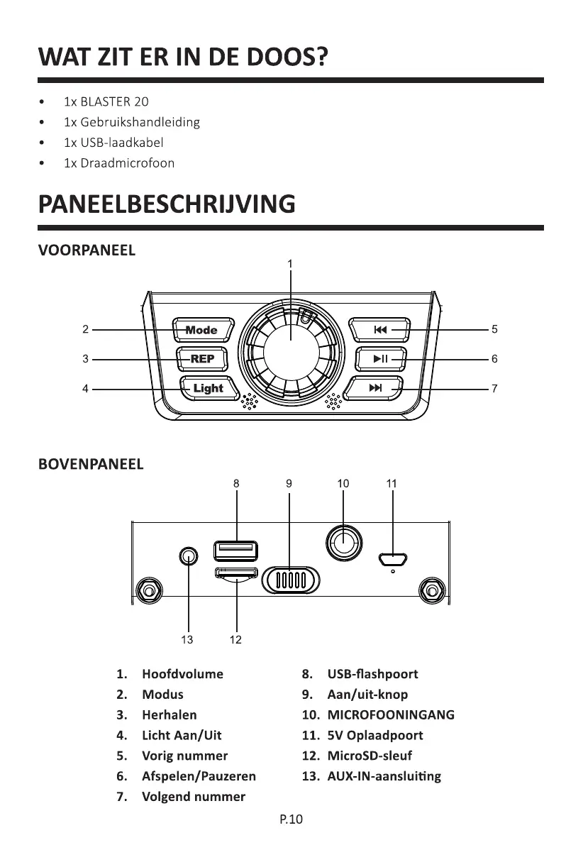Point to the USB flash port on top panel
(x=235, y=551)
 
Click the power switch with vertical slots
(x=290, y=580)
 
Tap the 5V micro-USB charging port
(x=392, y=559)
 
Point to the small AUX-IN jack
(x=188, y=556)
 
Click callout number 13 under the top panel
(x=187, y=640)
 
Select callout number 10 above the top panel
(x=343, y=483)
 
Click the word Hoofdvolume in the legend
(x=182, y=674)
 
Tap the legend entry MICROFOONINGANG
(x=391, y=714)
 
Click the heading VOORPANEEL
(x=87, y=250)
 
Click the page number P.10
(x=291, y=820)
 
